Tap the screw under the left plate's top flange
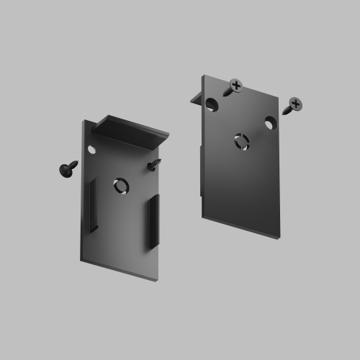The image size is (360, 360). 154,166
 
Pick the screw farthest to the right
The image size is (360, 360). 292,107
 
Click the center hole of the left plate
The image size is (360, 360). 120,186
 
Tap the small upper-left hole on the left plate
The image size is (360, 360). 91,149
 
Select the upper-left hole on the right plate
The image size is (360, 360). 211,105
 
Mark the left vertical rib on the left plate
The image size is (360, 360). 92,206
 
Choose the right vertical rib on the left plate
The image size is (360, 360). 154,222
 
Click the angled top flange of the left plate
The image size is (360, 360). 130,130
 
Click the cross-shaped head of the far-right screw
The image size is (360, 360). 295,103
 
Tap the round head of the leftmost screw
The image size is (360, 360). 65,170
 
